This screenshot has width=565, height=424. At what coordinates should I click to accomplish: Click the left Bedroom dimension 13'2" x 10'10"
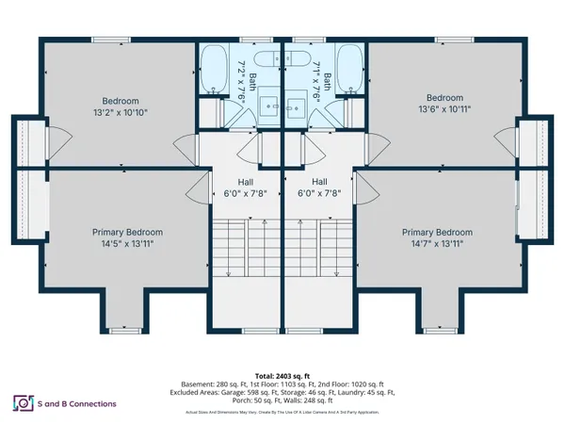coord(121,112)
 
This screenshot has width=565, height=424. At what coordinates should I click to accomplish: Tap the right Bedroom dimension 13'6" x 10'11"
coord(444,109)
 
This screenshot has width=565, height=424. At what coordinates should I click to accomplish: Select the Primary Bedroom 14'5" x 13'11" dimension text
coord(127,243)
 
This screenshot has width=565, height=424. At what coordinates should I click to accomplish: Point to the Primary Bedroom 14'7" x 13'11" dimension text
coord(437,243)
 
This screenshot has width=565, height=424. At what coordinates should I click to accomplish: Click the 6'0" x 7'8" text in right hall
coord(319,194)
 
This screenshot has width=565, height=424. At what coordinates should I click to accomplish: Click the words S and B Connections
coord(79,403)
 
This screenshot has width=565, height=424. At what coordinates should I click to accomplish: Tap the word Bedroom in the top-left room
coord(121,101)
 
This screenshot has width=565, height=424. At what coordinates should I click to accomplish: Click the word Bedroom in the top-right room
coord(444,98)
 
